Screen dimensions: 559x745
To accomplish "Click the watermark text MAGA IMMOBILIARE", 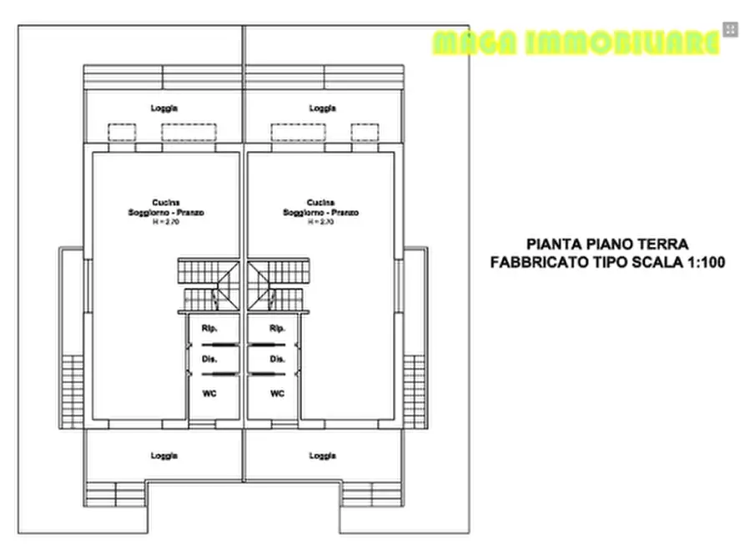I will click(x=576, y=43).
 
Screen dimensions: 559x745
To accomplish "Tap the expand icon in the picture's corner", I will click(x=731, y=29).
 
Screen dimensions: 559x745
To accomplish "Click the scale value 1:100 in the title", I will click(x=702, y=262).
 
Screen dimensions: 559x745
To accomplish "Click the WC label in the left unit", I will click(x=209, y=393).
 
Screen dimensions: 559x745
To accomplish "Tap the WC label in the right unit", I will click(x=278, y=393).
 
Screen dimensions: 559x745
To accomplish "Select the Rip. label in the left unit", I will click(x=209, y=328).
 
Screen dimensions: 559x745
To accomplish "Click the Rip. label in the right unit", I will click(x=278, y=328).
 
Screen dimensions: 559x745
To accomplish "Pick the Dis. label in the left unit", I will click(x=209, y=360).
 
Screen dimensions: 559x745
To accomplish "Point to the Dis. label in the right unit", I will click(x=278, y=360).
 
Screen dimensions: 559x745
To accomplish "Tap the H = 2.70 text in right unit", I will click(x=320, y=223).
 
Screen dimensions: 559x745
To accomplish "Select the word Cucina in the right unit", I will click(x=320, y=203).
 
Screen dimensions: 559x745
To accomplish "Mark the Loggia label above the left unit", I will click(x=164, y=108).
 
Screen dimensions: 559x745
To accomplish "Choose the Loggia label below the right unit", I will click(x=322, y=456).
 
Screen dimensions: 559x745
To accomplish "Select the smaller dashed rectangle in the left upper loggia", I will click(x=122, y=133).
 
